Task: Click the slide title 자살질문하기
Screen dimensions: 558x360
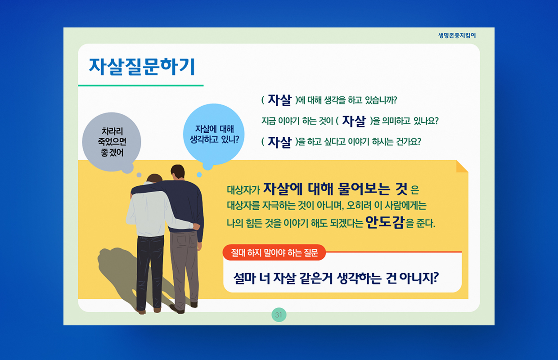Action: (x=142, y=67)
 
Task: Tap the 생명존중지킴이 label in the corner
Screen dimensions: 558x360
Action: (x=457, y=36)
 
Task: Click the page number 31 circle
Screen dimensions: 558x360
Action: (x=279, y=315)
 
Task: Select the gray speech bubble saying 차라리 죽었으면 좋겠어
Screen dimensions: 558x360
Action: (x=112, y=142)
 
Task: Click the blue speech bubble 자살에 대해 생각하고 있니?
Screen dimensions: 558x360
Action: (x=214, y=134)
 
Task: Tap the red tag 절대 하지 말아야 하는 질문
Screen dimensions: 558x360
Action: (x=274, y=252)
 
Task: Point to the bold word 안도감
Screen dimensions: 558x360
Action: (x=385, y=222)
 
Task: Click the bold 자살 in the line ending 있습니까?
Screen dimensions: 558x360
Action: (x=279, y=100)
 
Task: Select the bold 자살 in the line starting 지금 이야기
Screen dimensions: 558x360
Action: (x=354, y=121)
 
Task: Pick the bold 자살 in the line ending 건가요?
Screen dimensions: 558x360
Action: (x=279, y=142)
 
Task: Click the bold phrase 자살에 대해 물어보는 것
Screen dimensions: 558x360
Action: (x=335, y=189)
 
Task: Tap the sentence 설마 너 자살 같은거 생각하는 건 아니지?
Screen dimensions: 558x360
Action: (x=336, y=278)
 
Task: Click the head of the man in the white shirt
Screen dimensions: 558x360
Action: (x=154, y=179)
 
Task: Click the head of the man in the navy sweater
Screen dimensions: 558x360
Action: (x=178, y=172)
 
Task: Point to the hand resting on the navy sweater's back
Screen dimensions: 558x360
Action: (x=196, y=226)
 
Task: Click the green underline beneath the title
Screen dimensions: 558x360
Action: (x=141, y=85)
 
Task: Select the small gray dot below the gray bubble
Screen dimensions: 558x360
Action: (x=139, y=175)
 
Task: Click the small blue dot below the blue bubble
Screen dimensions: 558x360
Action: (x=199, y=175)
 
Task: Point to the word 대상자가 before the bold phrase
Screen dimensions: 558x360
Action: (x=243, y=190)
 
